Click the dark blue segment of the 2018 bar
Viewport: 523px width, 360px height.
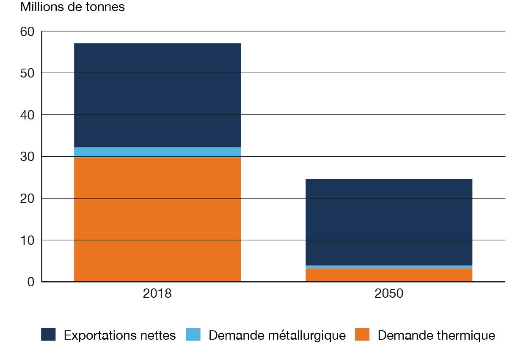(157, 95)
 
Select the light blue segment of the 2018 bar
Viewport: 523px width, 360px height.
(157, 152)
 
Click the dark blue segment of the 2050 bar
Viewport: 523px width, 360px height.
(389, 222)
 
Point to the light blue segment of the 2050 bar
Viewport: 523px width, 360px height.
(389, 267)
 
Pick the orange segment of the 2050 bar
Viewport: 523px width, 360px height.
(389, 274)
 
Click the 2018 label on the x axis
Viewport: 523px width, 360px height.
(157, 294)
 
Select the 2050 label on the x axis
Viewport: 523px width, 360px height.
(389, 294)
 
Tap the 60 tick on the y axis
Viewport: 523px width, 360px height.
(28, 32)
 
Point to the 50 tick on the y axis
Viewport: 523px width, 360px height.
(28, 73)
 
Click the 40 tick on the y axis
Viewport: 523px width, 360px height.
(28, 115)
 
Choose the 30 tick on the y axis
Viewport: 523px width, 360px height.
(28, 157)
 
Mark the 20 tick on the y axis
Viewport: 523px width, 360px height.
(28, 198)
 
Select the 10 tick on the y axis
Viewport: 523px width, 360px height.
(28, 240)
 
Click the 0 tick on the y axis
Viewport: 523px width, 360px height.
(31, 282)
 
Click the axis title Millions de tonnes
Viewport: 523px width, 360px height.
(73, 7)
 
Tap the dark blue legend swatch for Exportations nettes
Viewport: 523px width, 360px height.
(48, 335)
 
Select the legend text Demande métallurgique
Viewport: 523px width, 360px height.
(277, 335)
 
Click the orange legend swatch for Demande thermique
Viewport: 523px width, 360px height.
(362, 335)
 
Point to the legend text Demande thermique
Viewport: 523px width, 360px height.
(436, 335)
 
